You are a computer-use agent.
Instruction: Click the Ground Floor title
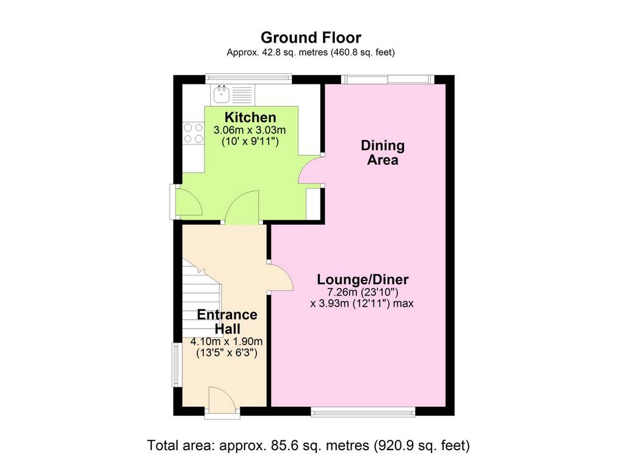(311, 37)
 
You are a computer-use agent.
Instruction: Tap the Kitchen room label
(250, 117)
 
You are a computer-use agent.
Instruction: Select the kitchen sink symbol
(221, 94)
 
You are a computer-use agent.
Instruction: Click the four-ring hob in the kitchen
(193, 133)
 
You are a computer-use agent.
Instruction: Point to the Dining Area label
(383, 152)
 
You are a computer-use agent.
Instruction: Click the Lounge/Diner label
(363, 280)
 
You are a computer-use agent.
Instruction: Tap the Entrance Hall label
(227, 321)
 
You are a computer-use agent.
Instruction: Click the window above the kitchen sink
(248, 79)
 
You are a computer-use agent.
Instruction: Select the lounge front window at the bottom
(363, 412)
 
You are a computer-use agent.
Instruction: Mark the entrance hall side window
(175, 365)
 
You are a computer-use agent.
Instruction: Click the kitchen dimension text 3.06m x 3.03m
(250, 130)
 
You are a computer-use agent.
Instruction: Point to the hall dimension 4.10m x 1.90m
(226, 342)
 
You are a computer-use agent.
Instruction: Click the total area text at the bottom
(308, 445)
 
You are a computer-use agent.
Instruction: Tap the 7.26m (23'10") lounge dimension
(363, 293)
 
